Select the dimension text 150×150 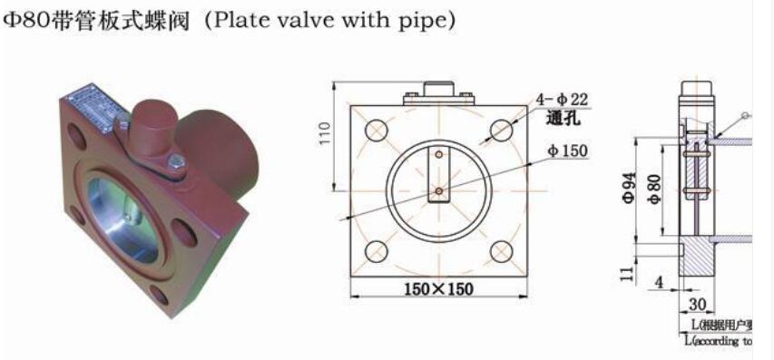click(438, 288)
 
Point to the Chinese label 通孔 click(563, 119)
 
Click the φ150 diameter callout click(567, 150)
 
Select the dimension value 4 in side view click(659, 283)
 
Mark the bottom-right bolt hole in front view click(501, 251)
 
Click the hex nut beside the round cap click(177, 163)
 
